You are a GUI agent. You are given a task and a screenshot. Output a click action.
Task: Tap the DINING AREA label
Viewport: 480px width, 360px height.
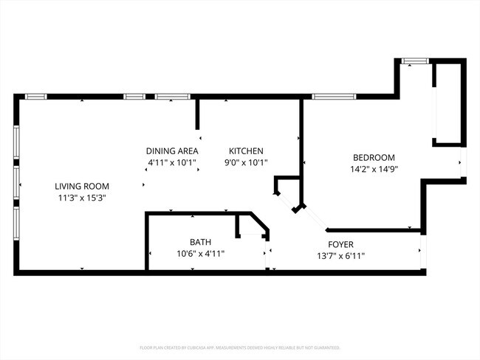pos(171,150)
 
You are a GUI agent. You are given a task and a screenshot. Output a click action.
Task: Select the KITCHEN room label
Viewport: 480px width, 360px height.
pos(246,150)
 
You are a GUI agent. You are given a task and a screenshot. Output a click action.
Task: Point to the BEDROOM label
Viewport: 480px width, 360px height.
pos(374,157)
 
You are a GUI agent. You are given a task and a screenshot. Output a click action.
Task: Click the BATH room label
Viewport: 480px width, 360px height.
pos(200,241)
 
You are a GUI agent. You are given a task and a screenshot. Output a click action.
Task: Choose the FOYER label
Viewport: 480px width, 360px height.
pos(340,244)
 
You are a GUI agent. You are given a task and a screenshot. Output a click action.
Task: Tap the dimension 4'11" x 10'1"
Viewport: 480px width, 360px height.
pos(171,162)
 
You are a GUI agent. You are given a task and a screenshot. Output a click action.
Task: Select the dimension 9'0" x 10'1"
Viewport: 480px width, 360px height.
pos(246,162)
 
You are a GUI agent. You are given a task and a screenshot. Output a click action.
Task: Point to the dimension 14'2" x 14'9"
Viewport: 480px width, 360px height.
pos(374,169)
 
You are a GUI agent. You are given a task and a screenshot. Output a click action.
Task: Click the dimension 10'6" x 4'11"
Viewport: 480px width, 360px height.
pos(200,253)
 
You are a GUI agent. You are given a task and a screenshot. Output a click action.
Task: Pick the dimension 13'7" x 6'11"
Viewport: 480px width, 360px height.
pos(340,256)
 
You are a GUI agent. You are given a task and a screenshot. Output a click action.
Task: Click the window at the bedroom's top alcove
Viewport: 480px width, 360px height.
pos(414,61)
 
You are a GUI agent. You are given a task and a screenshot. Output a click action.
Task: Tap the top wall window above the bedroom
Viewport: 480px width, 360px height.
pos(334,96)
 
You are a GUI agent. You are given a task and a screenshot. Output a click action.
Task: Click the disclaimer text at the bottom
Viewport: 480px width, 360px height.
pos(240,347)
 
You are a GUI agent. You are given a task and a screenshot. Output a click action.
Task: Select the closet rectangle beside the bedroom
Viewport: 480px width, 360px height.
pos(448,104)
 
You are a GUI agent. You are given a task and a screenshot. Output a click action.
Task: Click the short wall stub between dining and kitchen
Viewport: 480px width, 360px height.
pos(198,114)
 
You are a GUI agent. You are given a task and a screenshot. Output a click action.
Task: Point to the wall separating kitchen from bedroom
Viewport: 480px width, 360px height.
pos(301,136)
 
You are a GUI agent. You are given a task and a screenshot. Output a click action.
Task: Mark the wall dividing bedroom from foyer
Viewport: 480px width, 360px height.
pos(373,230)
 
